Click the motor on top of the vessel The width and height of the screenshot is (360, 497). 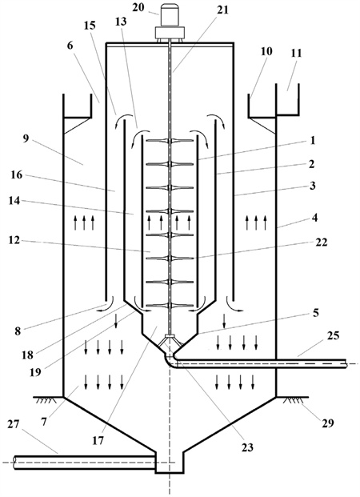[170, 22]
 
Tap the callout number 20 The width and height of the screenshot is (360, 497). [138, 7]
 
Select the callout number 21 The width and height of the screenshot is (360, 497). [222, 10]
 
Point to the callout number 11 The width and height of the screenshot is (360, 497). [296, 53]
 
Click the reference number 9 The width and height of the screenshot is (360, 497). [26, 138]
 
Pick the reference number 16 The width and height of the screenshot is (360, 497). [17, 174]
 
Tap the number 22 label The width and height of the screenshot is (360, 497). [321, 242]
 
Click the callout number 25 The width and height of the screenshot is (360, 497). [333, 335]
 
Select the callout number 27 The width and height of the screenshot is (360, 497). [14, 424]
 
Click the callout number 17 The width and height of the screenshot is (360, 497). [98, 441]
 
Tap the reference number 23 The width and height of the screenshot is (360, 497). [247, 447]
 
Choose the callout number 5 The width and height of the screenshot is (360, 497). [315, 313]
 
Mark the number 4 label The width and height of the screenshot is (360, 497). [314, 218]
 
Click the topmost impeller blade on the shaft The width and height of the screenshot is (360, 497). [170, 141]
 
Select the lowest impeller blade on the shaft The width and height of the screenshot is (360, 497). [170, 306]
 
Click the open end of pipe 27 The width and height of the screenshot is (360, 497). [15, 463]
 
